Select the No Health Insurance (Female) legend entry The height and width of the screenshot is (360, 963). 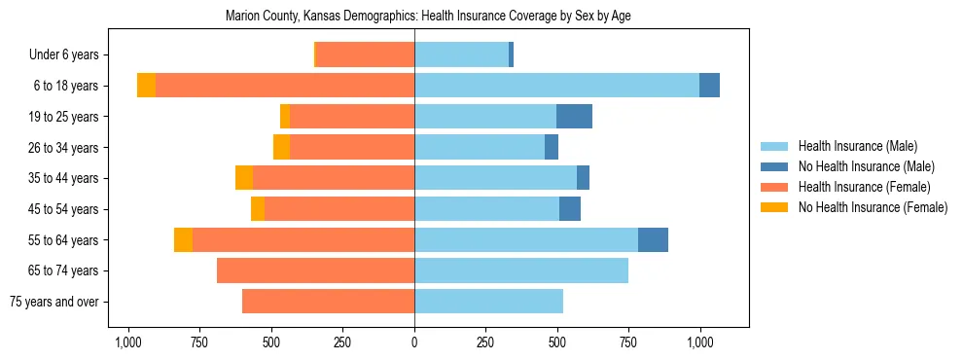click(x=873, y=207)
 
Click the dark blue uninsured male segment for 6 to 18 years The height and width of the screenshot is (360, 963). click(x=709, y=86)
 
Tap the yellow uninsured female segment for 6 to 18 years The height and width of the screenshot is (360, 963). click(x=146, y=86)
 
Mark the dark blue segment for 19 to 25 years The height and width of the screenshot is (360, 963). click(x=574, y=117)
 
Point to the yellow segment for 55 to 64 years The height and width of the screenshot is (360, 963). click(x=183, y=240)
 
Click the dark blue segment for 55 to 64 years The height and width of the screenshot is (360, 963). click(x=653, y=240)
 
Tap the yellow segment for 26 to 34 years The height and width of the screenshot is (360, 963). click(x=281, y=147)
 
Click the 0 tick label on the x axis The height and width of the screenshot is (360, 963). click(x=414, y=342)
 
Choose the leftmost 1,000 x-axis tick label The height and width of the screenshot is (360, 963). click(x=127, y=342)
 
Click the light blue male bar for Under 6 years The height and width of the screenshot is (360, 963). click(x=461, y=55)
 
